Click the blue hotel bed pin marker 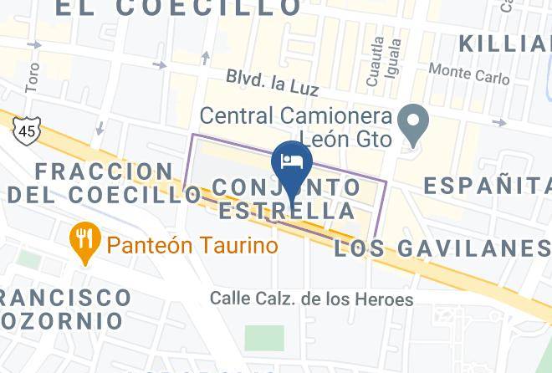[292, 161]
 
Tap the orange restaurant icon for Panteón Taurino [85, 239]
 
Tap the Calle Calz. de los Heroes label [311, 299]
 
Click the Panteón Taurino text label [192, 246]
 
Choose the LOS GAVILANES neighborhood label [442, 248]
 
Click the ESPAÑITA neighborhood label [487, 185]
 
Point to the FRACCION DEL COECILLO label [105, 183]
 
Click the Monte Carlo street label [469, 75]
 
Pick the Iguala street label [396, 57]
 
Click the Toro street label [33, 77]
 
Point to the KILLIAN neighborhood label [505, 43]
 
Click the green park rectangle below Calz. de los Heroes [264, 337]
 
